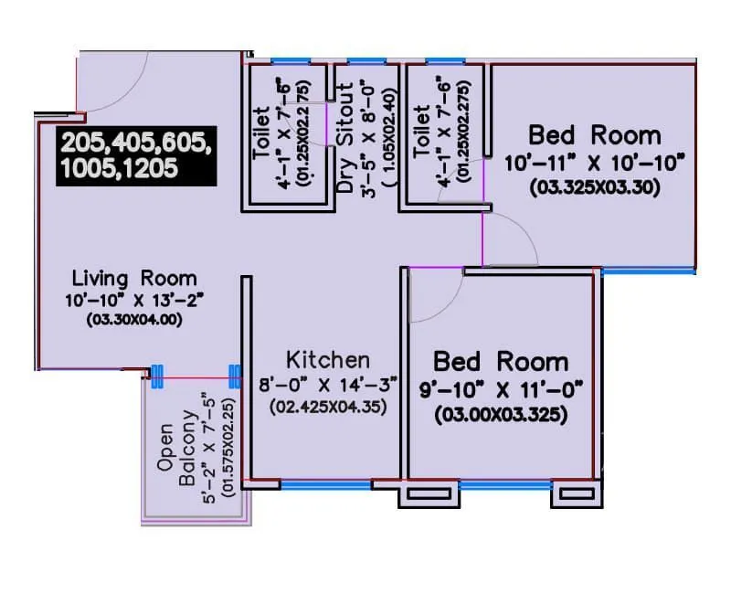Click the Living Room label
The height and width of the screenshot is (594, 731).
[134, 279]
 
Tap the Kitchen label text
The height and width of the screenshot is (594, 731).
[328, 360]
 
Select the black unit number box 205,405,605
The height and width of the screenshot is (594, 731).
[136, 155]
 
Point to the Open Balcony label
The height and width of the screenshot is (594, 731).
[177, 454]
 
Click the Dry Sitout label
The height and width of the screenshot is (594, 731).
[345, 138]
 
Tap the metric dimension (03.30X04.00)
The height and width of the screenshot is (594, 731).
[134, 320]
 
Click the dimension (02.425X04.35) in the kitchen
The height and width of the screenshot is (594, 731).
[328, 407]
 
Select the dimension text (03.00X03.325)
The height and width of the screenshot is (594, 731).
[501, 415]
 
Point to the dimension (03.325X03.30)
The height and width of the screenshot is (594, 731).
[595, 188]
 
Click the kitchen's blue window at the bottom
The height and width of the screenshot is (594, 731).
[325, 485]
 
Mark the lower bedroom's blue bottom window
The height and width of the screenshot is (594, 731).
[505, 485]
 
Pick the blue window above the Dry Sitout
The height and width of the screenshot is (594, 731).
[367, 61]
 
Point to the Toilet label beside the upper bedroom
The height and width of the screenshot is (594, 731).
[421, 131]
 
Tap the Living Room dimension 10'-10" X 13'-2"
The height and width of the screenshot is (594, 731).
[134, 300]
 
